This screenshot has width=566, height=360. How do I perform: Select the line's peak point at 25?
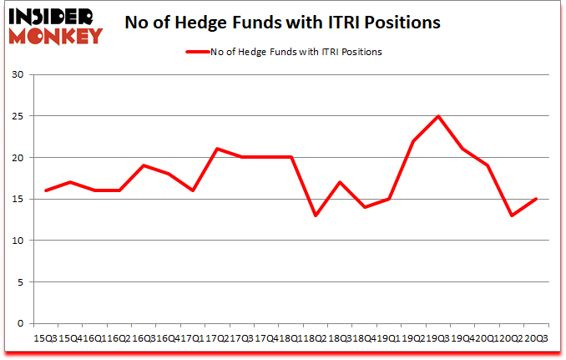[437, 116]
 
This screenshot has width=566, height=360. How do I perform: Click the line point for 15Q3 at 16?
[46, 190]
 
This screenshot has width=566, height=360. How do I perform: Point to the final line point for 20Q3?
[535, 199]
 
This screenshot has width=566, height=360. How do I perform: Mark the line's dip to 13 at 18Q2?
[315, 215]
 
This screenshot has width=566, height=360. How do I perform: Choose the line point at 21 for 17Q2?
[217, 149]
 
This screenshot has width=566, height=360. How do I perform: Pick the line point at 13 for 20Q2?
[511, 215]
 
